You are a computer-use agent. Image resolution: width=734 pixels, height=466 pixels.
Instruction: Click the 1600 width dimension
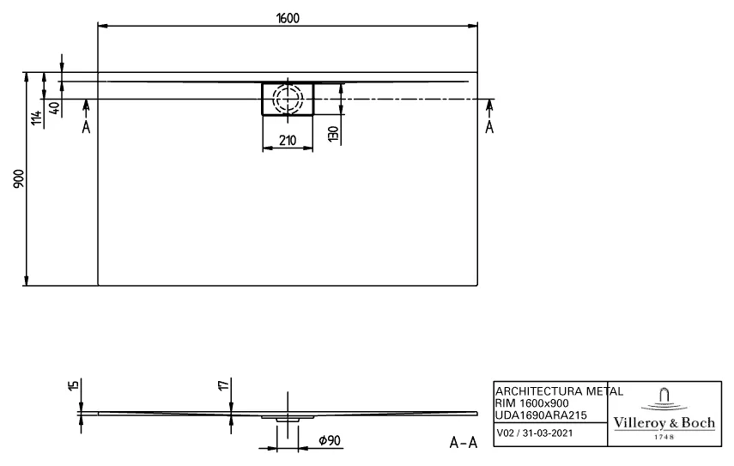pos(288,18)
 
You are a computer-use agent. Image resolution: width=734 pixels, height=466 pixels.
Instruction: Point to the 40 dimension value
pos(55,108)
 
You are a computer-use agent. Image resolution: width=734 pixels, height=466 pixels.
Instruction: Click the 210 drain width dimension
pos(288,141)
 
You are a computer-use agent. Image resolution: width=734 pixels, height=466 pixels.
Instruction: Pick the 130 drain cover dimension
pos(331,133)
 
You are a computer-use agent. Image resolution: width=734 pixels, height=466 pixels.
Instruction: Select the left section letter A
pos(85,127)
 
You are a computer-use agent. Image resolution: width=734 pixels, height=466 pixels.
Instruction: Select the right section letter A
pos(490,127)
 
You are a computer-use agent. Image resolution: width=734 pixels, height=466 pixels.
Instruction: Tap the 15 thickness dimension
pos(74,388)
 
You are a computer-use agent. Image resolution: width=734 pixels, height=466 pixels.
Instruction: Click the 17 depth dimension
pos(224,388)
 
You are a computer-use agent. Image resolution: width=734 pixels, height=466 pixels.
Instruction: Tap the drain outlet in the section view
pos(288,418)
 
